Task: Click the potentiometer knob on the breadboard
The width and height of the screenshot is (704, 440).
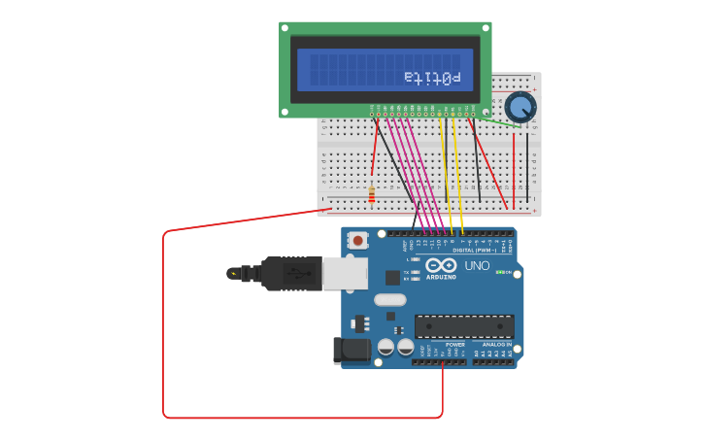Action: click(520, 106)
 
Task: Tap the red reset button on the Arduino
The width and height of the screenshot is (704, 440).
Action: click(358, 240)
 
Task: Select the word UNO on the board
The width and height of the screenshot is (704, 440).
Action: click(477, 265)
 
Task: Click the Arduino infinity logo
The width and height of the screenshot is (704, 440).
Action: click(441, 264)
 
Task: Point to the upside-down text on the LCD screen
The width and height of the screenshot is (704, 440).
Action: click(432, 77)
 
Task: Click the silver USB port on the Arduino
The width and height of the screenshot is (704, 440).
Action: click(345, 274)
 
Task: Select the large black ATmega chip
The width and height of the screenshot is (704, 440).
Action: click(464, 326)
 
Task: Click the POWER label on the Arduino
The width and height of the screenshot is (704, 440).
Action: click(454, 345)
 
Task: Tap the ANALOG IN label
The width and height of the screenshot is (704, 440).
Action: click(496, 345)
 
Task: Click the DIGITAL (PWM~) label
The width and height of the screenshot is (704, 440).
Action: click(476, 251)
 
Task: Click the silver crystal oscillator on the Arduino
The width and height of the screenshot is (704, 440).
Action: click(389, 299)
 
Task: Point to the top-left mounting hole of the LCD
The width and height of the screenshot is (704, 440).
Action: click(285, 27)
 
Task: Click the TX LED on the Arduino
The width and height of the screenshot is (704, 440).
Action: click(415, 272)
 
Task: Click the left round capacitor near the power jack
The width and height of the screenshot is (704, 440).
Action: click(386, 347)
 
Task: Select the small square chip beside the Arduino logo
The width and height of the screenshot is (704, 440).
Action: click(392, 278)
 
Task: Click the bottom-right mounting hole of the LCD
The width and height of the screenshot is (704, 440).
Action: click(486, 112)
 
